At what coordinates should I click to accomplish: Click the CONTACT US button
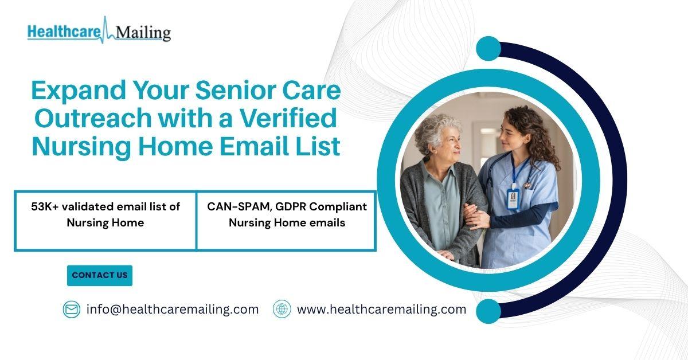click(x=100, y=276)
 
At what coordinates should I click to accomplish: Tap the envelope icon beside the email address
click(x=72, y=310)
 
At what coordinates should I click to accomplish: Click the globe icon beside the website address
click(x=282, y=309)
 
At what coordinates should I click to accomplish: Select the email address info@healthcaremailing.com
click(x=173, y=310)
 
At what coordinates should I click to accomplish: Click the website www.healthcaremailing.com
click(x=381, y=310)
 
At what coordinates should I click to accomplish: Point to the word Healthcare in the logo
click(x=64, y=32)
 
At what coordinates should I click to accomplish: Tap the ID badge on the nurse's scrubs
click(x=513, y=199)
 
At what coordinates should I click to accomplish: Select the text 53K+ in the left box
click(x=45, y=207)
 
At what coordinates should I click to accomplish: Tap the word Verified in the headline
click(x=288, y=118)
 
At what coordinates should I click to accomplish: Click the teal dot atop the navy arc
click(x=488, y=49)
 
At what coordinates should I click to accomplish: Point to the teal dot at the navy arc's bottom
click(x=488, y=311)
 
